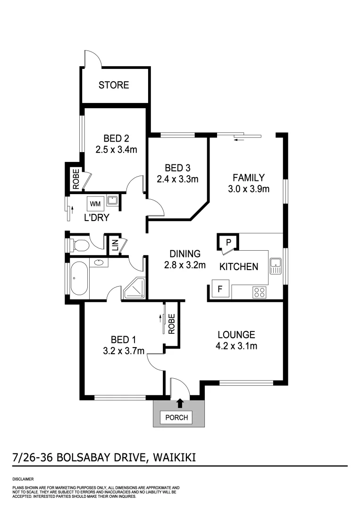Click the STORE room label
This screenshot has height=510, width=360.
point(113,85)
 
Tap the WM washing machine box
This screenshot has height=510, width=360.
point(95,204)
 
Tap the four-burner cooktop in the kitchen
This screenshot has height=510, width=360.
point(259,291)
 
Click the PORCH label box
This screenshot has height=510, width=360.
point(177,417)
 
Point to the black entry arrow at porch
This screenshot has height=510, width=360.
point(180,403)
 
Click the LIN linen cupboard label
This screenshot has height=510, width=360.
point(115,246)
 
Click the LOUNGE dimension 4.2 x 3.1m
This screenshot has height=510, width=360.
point(236,346)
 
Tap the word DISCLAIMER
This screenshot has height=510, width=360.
point(22,479)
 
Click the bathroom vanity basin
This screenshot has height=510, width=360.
point(100,262)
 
